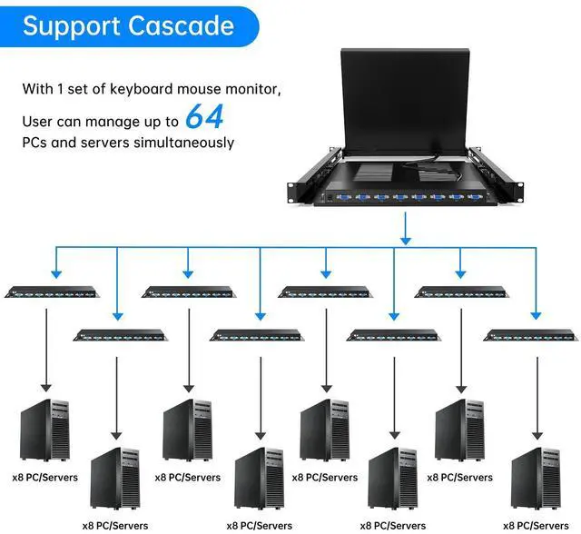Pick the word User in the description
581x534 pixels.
pos(39,119)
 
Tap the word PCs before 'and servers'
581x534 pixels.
pos(35,143)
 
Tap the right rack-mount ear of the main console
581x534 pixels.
pos(518,189)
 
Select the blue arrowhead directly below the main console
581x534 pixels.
pos(407,239)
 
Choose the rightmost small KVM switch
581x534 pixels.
pos(530,333)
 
